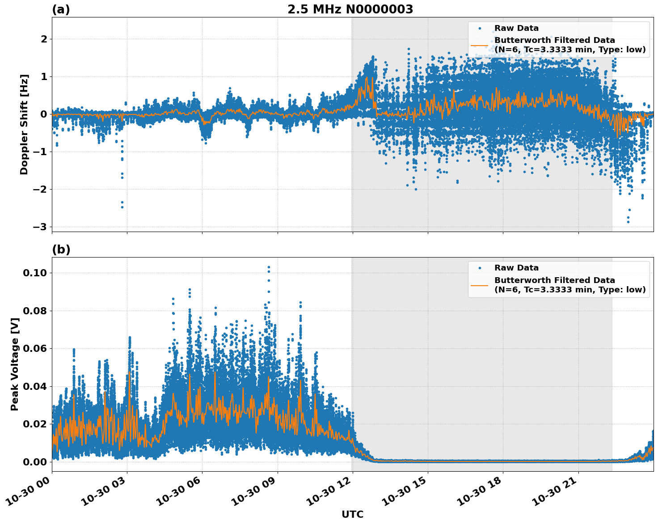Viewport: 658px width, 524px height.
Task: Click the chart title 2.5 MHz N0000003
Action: point(350,9)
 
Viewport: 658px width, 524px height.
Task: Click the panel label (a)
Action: point(61,9)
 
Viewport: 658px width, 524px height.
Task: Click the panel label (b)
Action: point(61,249)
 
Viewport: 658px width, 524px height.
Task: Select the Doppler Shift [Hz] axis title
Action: point(24,124)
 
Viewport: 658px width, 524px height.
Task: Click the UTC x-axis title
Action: point(352,514)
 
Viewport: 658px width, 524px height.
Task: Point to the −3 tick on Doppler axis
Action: point(40,227)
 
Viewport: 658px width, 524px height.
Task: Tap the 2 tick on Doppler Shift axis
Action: point(44,39)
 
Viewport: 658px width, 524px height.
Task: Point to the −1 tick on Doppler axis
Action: point(40,152)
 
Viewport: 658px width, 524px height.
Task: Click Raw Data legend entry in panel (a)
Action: point(516,28)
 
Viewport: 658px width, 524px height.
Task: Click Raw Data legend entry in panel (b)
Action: point(516,268)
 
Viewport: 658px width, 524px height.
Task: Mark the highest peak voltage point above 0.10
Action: point(269,267)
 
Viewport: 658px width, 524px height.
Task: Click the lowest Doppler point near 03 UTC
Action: point(122,207)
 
